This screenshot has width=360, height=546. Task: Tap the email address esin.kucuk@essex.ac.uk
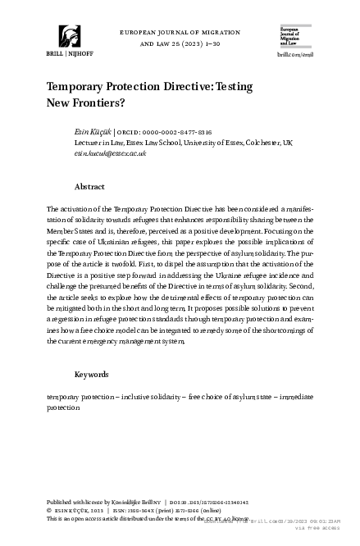coord(109,152)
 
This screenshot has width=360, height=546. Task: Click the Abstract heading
coord(89,187)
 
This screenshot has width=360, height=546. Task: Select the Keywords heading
coord(92,374)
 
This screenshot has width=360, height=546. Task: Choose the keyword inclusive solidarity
coord(151,397)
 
